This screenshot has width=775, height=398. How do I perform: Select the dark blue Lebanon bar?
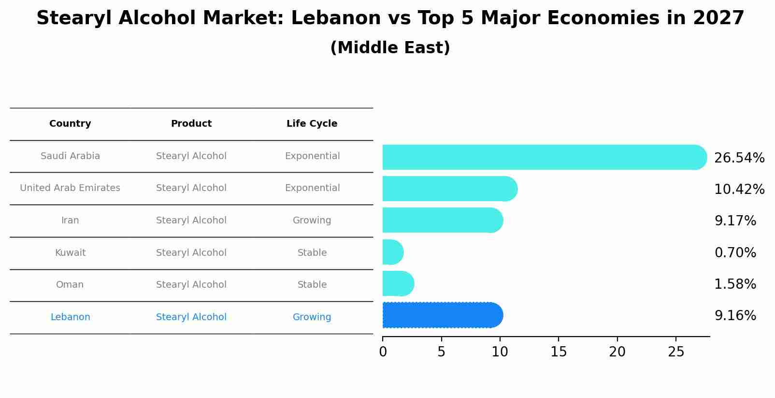pyautogui.click(x=442, y=315)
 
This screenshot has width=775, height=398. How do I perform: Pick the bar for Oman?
pyautogui.click(x=398, y=283)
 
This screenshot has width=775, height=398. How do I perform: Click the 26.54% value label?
pyautogui.click(x=739, y=158)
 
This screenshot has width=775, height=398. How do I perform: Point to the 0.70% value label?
pyautogui.click(x=735, y=252)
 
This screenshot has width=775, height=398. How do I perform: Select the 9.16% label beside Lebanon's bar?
pyautogui.click(x=735, y=316)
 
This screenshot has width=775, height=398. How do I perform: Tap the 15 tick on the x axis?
pyautogui.click(x=559, y=352)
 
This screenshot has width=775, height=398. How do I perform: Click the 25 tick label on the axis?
pyautogui.click(x=676, y=352)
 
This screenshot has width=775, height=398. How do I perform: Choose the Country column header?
pyautogui.click(x=70, y=124)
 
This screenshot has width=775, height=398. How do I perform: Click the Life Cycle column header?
pyautogui.click(x=312, y=124)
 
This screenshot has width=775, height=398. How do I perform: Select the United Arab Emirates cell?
pyautogui.click(x=70, y=188)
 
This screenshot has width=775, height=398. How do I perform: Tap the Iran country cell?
pyautogui.click(x=70, y=221)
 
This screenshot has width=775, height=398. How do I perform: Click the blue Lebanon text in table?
pyautogui.click(x=70, y=317)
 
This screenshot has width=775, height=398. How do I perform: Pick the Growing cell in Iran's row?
pyautogui.click(x=312, y=221)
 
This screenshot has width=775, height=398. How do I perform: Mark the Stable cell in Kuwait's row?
pyautogui.click(x=312, y=253)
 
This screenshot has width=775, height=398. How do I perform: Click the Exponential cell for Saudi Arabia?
pyautogui.click(x=312, y=156)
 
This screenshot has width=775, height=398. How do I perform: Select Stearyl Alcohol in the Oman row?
pyautogui.click(x=191, y=285)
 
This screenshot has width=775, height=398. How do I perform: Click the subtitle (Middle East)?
pyautogui.click(x=390, y=48)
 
